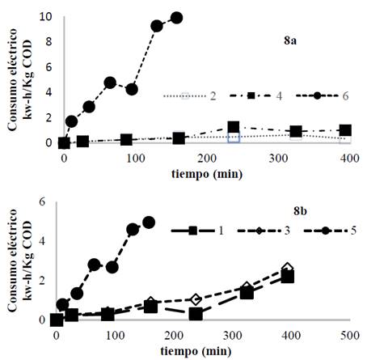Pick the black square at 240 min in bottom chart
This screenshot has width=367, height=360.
pos(195,313)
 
